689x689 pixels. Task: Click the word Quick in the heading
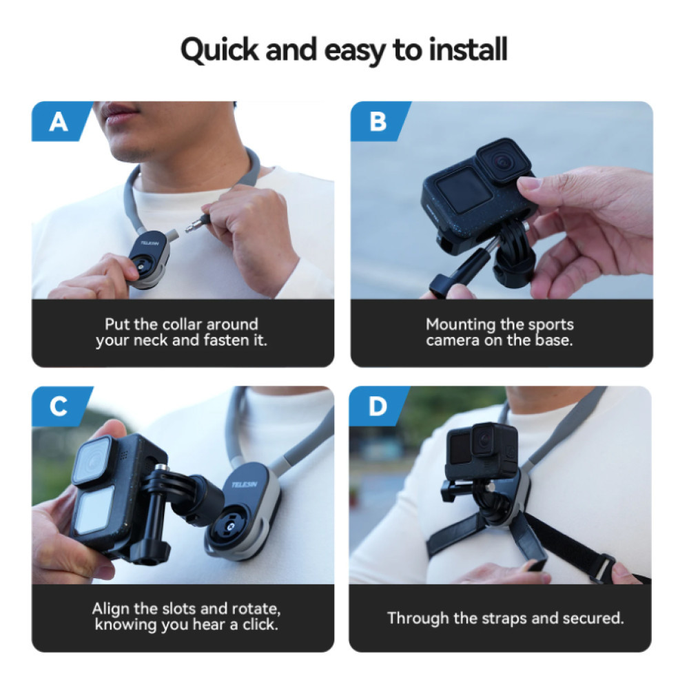coord(219,50)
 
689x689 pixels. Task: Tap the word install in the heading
coord(468,49)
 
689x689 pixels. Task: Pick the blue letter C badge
coord(61,406)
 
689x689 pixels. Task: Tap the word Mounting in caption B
coord(460,325)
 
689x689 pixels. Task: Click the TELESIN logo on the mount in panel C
coord(245,484)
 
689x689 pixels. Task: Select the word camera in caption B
coord(453,340)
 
